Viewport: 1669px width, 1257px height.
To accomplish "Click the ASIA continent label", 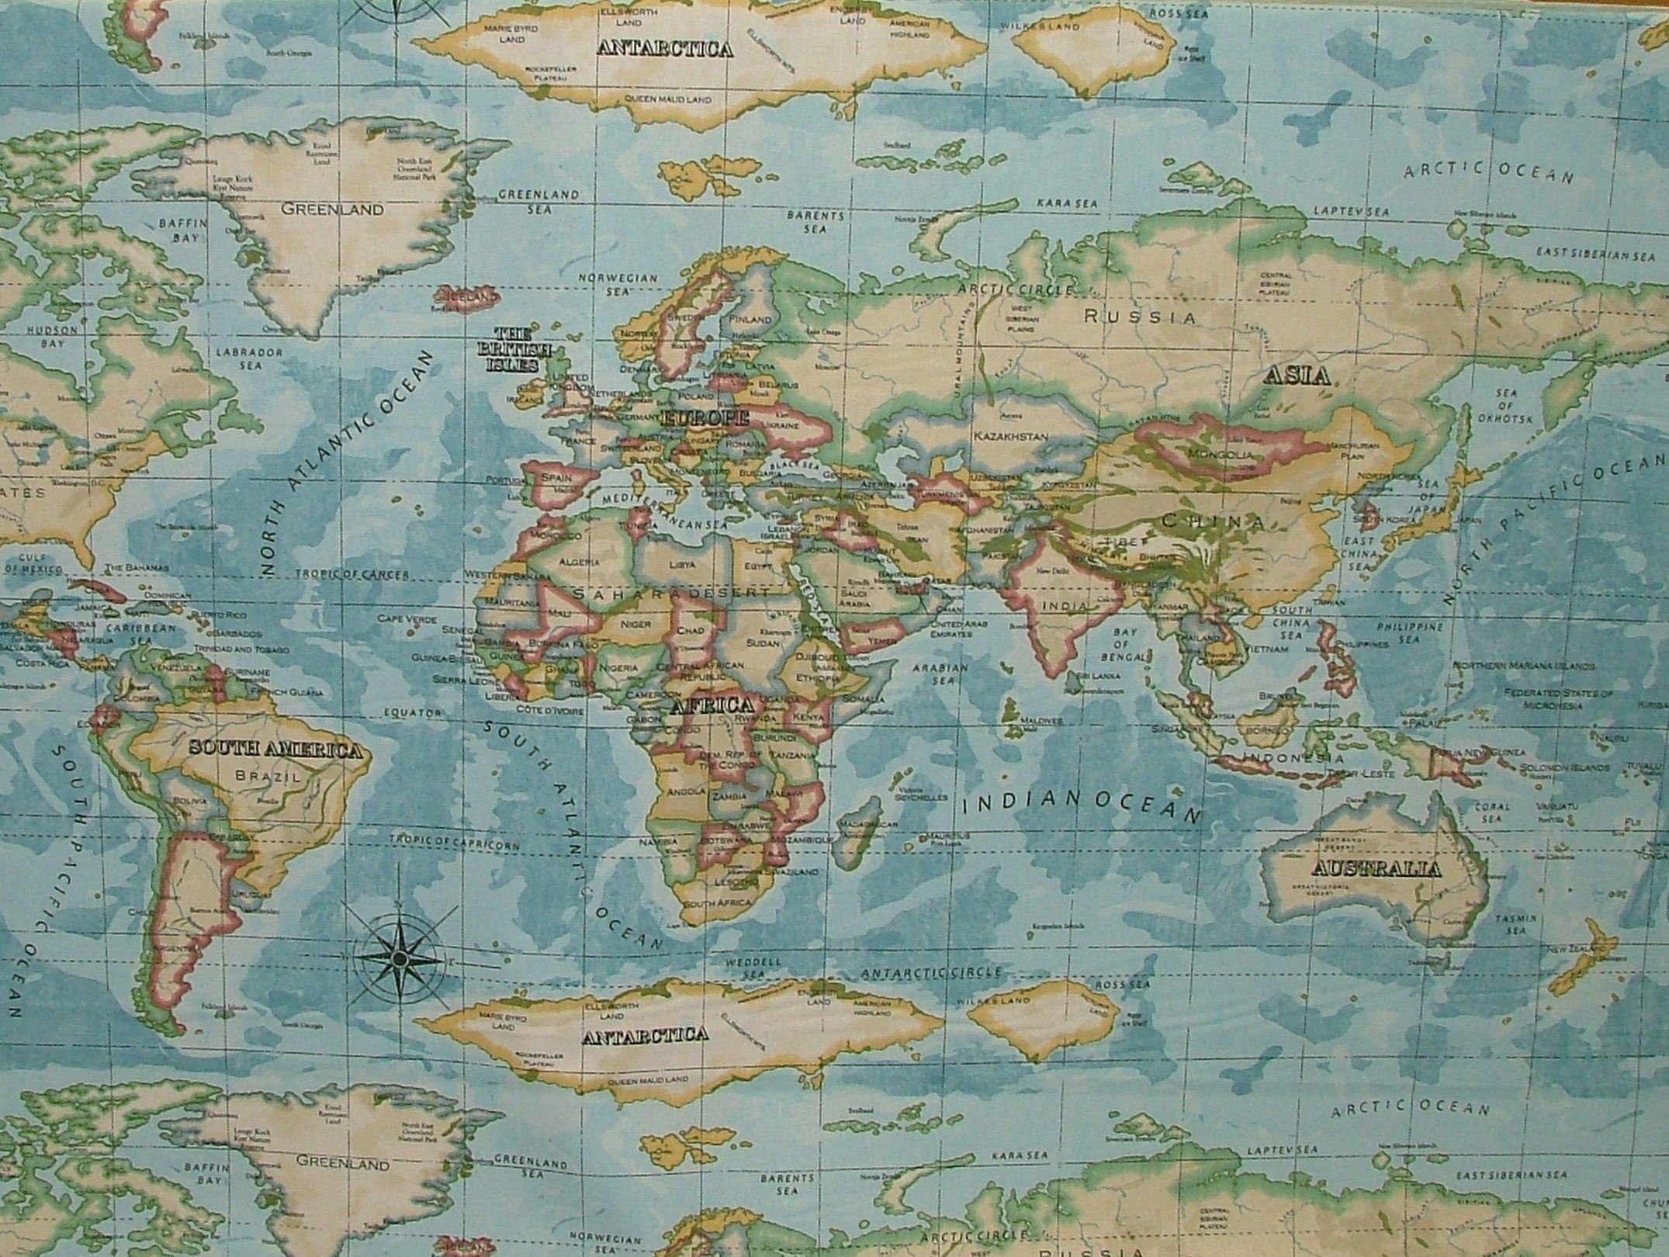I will tap(1297, 376).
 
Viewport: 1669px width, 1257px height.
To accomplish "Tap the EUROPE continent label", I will tap(706, 419).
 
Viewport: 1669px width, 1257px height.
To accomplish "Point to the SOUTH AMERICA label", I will tap(275, 750).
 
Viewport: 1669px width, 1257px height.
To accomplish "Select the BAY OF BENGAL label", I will tap(1124, 645).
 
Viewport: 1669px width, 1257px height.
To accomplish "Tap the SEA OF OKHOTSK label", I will tap(1507, 407).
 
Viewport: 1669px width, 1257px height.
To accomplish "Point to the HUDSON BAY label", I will tap(53, 335).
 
